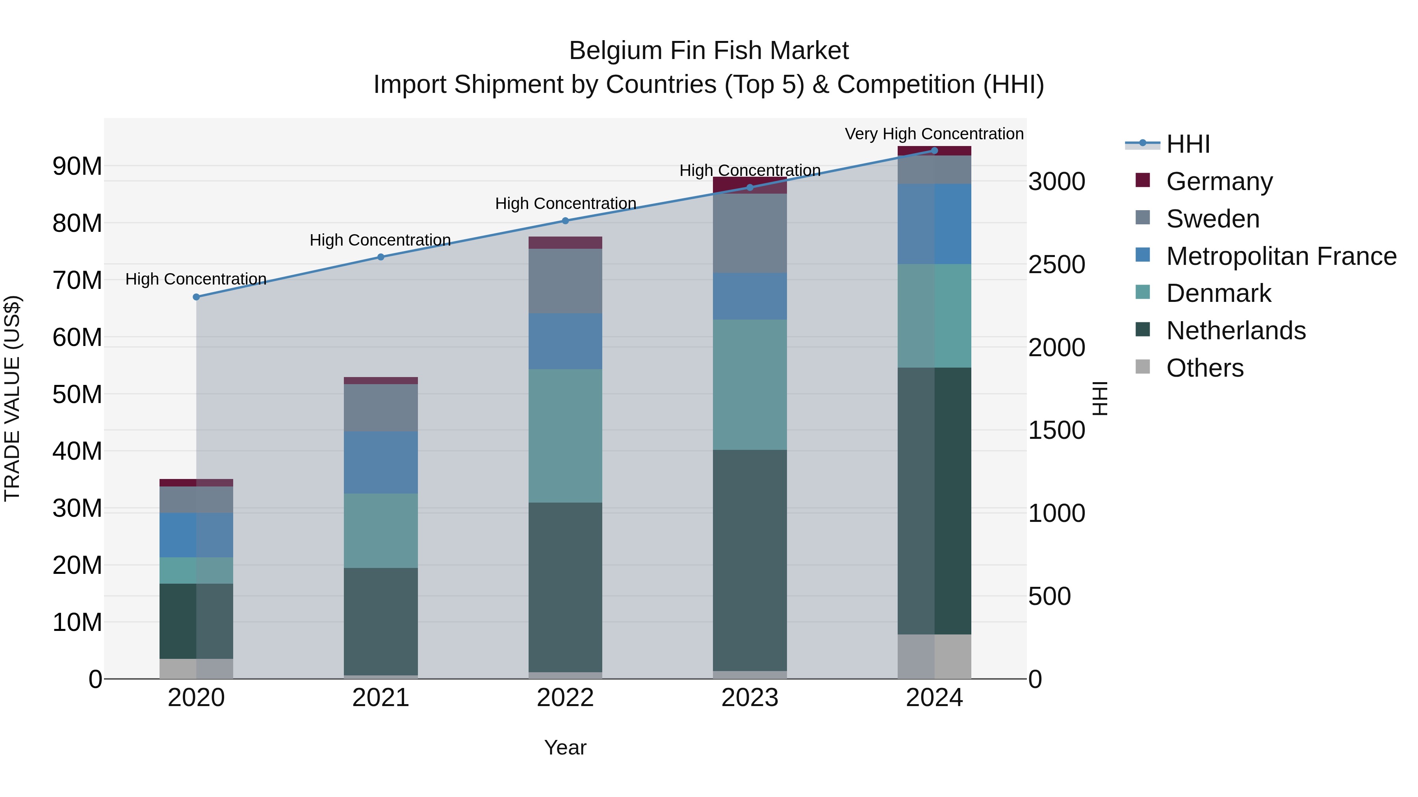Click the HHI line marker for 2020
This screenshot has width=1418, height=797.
pos(197,297)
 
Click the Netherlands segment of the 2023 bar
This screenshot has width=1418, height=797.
pos(750,560)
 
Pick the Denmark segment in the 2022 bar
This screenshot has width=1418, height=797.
pos(565,436)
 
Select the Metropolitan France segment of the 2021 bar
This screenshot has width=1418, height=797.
pos(381,462)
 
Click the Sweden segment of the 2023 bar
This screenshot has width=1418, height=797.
pos(750,233)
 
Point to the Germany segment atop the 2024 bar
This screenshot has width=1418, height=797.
pos(934,151)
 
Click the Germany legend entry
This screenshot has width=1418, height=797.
pos(1219,181)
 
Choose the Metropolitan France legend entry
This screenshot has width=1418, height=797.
pos(1281,256)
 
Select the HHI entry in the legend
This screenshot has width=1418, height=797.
pos(1187,144)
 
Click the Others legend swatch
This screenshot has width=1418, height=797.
pos(1143,367)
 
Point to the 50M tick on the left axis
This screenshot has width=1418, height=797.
pos(77,394)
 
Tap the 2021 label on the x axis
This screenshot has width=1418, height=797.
pos(381,698)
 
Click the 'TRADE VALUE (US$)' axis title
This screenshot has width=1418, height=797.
pos(12,398)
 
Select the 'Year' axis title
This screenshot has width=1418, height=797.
pos(565,747)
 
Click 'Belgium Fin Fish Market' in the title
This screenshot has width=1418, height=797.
pos(709,51)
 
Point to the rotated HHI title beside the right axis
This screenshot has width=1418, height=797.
pos(1100,398)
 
